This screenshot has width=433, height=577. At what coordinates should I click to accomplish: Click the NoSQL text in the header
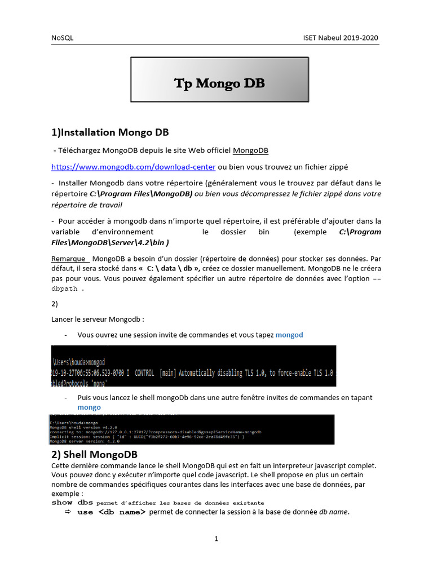(62, 38)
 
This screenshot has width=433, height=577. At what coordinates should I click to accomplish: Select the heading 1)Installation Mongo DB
(110, 133)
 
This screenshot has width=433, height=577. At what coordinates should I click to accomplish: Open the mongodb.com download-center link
(134, 167)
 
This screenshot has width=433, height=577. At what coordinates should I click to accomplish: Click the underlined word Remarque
(68, 258)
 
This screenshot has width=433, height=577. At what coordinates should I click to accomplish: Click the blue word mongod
(289, 335)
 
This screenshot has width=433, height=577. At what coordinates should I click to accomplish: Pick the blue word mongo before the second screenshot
(89, 407)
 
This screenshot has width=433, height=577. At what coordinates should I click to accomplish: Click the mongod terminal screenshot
(193, 366)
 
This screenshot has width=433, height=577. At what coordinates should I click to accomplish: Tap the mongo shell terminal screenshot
(192, 429)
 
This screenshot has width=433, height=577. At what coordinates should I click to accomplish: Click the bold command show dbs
(72, 502)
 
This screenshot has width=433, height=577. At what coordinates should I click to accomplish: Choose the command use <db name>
(112, 512)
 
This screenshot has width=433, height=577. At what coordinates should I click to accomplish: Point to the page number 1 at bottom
(216, 539)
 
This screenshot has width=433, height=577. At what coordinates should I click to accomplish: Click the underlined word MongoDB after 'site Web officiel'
(250, 150)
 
